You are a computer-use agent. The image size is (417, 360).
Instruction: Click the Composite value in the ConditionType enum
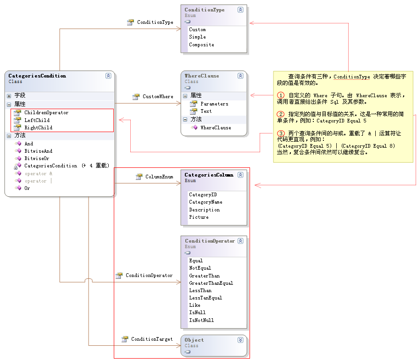click(201, 45)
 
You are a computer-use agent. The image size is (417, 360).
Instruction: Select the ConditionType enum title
click(205, 10)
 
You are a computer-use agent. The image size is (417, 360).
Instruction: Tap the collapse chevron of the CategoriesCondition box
click(108, 76)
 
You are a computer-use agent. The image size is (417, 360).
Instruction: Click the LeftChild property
click(37, 120)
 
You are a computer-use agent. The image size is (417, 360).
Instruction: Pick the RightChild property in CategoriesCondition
click(38, 127)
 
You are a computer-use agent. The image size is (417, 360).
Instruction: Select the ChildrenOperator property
click(46, 113)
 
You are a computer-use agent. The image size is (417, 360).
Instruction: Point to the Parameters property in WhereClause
click(214, 104)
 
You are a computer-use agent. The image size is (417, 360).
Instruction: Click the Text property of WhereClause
click(206, 111)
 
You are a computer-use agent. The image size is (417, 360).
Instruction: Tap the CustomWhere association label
click(158, 97)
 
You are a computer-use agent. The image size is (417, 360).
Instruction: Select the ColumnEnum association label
click(159, 177)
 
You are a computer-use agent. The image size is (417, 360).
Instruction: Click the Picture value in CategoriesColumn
click(199, 217)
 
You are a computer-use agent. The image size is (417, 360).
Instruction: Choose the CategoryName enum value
click(206, 202)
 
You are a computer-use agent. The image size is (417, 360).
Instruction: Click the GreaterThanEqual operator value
click(211, 283)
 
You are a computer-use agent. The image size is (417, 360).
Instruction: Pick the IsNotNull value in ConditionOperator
click(201, 320)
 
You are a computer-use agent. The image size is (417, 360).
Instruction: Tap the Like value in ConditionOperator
click(195, 305)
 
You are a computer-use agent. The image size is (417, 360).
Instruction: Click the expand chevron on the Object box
click(240, 340)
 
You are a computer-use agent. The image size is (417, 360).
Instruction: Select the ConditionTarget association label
click(152, 339)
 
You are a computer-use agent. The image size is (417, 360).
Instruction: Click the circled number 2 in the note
click(281, 114)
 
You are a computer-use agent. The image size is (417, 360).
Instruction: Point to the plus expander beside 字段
click(9, 96)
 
